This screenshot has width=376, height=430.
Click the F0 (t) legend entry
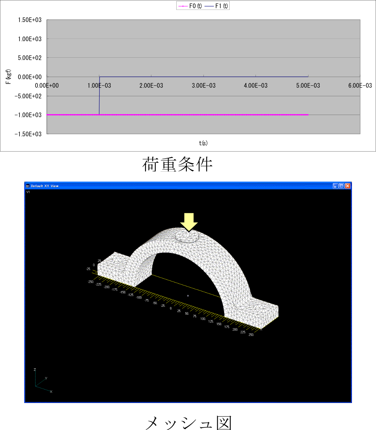coord(190,6)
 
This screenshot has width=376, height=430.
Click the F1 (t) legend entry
coord(216,6)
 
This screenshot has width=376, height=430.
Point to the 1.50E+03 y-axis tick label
coord(30,20)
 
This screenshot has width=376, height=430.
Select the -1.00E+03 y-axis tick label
coord(28,115)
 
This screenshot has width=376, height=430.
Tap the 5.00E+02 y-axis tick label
coord(30,58)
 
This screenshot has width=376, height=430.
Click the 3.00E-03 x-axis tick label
coord(203,86)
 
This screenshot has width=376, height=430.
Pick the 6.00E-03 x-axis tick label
coord(360,86)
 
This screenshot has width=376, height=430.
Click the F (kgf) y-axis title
coord(8,77)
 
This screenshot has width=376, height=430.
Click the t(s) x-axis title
coord(203,143)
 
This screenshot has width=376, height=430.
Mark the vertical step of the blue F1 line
coord(100,96)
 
